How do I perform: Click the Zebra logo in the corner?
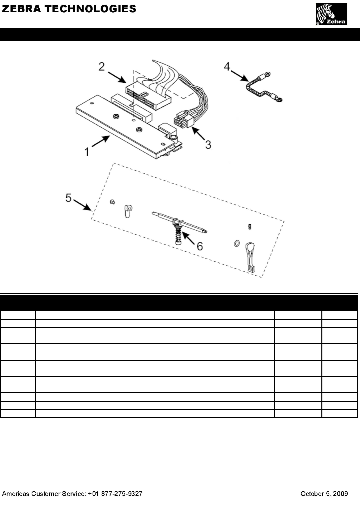click(x=331, y=14)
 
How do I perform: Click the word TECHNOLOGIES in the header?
click(x=90, y=9)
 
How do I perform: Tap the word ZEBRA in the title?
click(x=22, y=9)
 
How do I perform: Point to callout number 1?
click(x=87, y=152)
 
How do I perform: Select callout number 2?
click(x=102, y=67)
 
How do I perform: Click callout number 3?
click(x=208, y=145)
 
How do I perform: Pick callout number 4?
click(x=227, y=67)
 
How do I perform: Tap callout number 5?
click(x=68, y=198)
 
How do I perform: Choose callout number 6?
click(x=199, y=246)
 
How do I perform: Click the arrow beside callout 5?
click(x=82, y=205)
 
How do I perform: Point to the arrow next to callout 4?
click(x=240, y=76)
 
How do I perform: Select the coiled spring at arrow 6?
click(x=179, y=234)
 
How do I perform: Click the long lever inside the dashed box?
click(x=250, y=257)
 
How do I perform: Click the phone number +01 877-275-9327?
click(x=115, y=494)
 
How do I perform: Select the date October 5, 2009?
click(x=324, y=494)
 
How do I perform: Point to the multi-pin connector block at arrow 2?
click(x=149, y=95)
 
